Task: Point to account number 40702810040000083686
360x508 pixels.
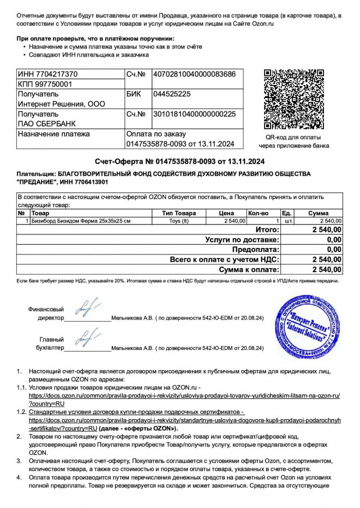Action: click(195, 74)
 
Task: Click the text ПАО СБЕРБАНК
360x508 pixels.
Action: click(47, 124)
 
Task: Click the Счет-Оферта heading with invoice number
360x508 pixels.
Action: click(179, 161)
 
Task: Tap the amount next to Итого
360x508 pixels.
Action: click(327, 230)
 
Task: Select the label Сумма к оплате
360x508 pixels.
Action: click(249, 269)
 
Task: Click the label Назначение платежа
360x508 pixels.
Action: click(53, 134)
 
